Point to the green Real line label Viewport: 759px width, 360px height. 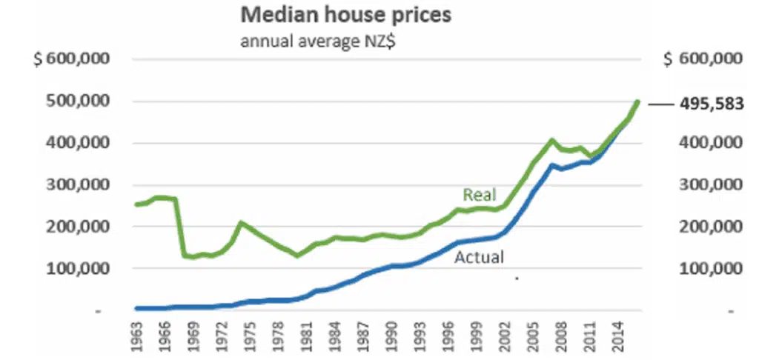tap(479, 195)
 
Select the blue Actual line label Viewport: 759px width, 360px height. tap(479, 258)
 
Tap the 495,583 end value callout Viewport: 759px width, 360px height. tap(711, 104)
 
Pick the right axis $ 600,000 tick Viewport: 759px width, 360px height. tap(702, 60)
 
